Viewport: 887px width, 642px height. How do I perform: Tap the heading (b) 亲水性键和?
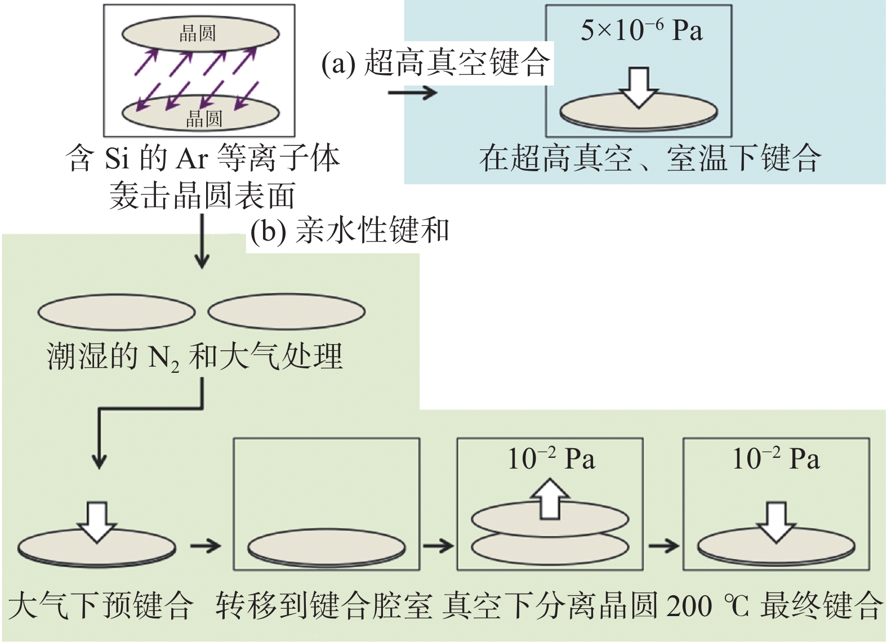[x=350, y=231]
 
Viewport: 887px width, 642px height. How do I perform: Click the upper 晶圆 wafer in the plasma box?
[x=200, y=33]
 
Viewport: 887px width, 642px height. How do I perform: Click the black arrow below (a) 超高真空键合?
[x=412, y=92]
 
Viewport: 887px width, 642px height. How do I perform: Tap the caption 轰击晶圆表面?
[x=202, y=196]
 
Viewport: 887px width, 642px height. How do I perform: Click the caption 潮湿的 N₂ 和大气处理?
[x=194, y=356]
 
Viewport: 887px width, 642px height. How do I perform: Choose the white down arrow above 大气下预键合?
[x=97, y=521]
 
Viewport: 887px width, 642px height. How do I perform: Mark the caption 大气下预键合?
[x=101, y=605]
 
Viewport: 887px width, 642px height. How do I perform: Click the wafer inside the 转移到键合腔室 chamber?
[x=327, y=547]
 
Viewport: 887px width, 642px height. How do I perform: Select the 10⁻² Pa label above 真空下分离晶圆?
[x=551, y=459]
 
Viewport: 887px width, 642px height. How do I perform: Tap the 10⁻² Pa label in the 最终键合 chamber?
[x=775, y=459]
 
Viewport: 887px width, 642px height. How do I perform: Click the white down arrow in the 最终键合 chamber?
[x=776, y=521]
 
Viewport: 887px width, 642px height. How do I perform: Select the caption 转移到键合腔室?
[x=324, y=605]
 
